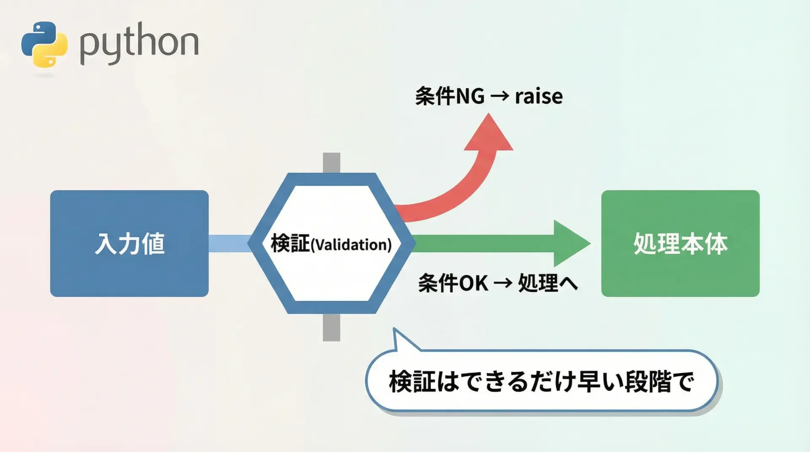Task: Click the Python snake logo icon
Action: [x=44, y=44]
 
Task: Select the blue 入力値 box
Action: [x=129, y=243]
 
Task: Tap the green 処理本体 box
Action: [x=680, y=243]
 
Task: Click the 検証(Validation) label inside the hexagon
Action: [x=331, y=244]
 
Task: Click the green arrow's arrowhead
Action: [x=570, y=243]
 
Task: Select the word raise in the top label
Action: [x=539, y=97]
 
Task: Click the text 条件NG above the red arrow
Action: [x=450, y=97]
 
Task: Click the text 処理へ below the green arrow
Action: [x=548, y=283]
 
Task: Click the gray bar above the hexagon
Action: [x=332, y=163]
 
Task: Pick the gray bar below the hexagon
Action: [x=332, y=328]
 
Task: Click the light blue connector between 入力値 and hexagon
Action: [x=230, y=243]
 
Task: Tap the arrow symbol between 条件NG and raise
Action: [x=500, y=97]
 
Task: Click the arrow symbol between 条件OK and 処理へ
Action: [x=502, y=283]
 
